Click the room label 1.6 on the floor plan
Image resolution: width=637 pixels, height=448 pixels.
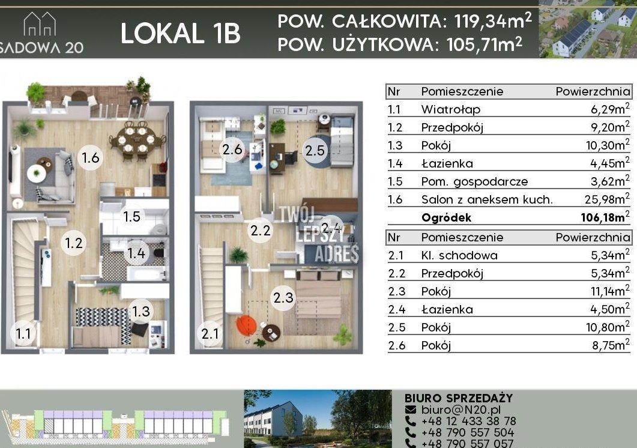(x=90, y=157)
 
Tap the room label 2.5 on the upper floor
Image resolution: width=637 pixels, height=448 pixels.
(x=315, y=151)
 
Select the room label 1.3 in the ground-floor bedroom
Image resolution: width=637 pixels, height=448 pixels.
(x=141, y=312)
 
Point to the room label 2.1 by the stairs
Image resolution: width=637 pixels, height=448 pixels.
(x=210, y=334)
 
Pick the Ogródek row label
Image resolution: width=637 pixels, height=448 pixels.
(x=446, y=218)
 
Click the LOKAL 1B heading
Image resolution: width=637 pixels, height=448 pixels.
(x=180, y=34)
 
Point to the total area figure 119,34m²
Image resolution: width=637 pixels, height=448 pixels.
(x=493, y=20)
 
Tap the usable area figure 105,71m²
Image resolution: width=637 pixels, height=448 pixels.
(x=485, y=44)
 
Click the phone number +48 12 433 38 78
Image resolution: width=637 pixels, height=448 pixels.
(x=469, y=421)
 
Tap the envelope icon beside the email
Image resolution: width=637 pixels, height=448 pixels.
(x=411, y=410)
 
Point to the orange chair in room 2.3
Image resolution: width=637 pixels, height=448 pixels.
(x=246, y=325)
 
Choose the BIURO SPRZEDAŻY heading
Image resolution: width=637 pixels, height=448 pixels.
(x=459, y=398)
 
